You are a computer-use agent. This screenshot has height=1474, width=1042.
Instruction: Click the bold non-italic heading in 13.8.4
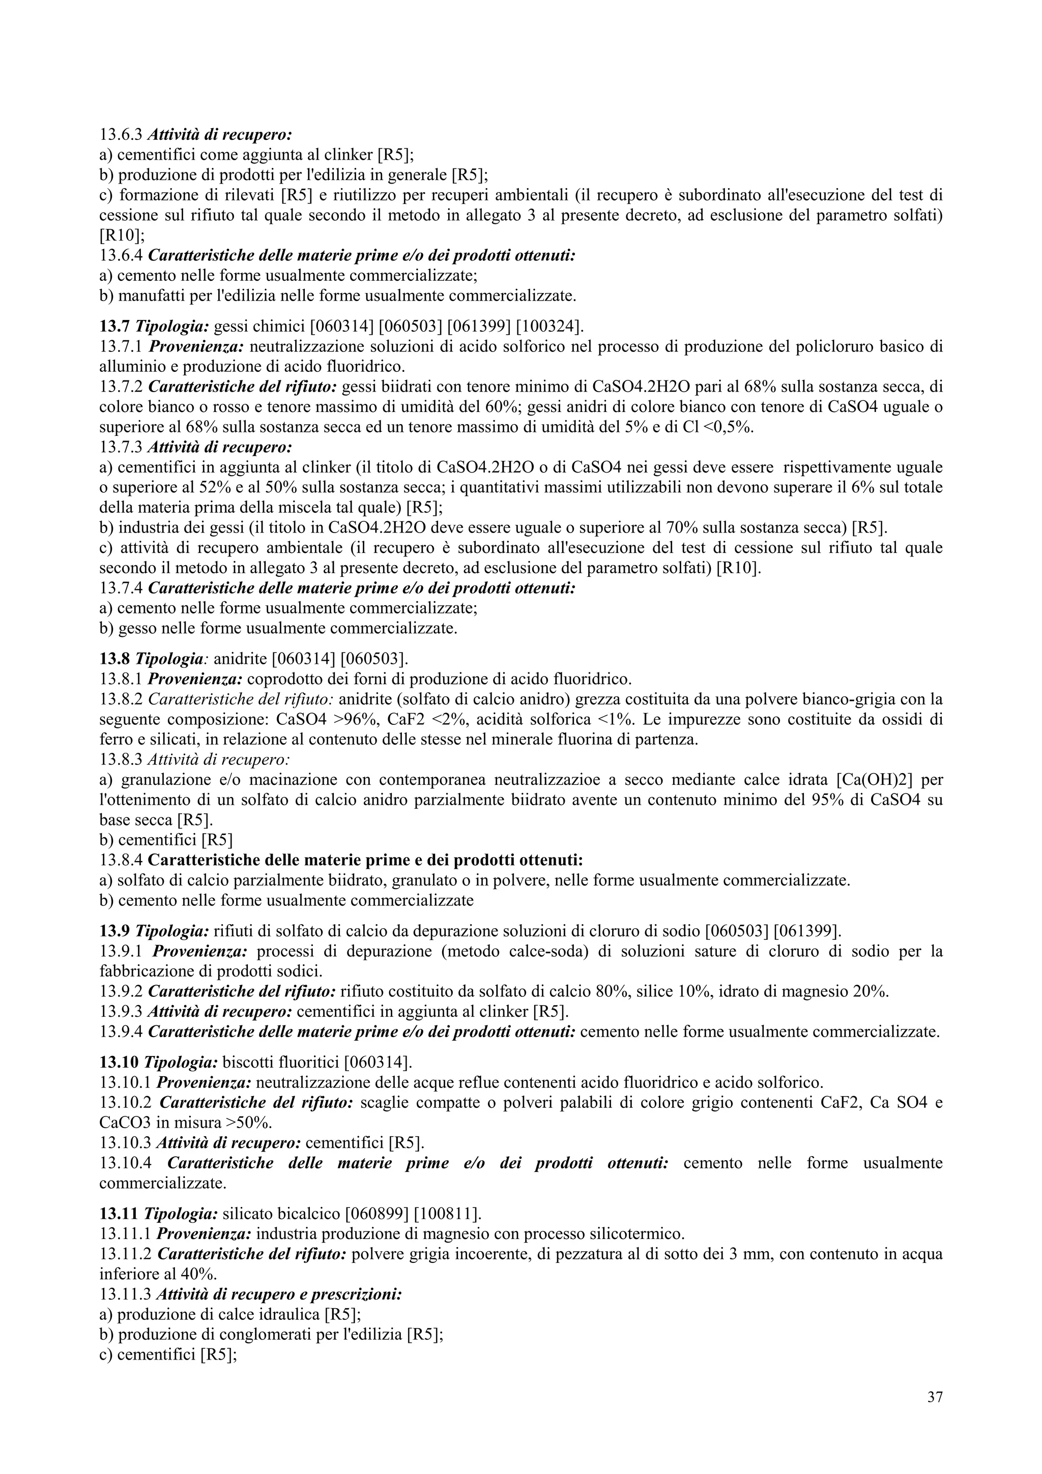(370, 860)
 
